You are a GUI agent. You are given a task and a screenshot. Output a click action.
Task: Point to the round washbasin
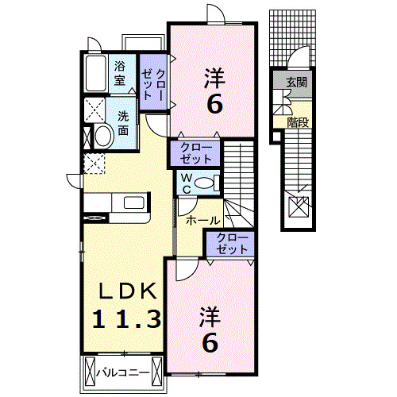102,136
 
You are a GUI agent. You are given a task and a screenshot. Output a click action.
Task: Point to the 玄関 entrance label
297,81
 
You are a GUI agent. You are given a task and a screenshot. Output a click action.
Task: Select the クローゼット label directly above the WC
196,152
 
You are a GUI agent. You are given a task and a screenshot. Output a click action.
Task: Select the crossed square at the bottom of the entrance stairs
299,208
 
